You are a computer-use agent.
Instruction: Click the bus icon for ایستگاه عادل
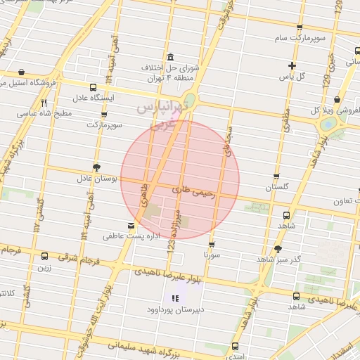click(x=93, y=88)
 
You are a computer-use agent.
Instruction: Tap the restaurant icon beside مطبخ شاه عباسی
click(x=44, y=103)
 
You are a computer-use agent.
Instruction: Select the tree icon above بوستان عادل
click(x=96, y=167)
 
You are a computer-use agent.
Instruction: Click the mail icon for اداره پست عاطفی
click(x=131, y=226)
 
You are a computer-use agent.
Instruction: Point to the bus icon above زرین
click(x=45, y=257)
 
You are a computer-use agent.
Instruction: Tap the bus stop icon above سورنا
click(x=211, y=245)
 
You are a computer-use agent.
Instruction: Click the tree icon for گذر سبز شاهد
click(x=278, y=249)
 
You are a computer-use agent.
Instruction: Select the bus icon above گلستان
click(x=276, y=177)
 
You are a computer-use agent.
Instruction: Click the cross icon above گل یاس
click(x=291, y=65)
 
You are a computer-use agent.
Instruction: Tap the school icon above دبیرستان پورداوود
click(x=175, y=299)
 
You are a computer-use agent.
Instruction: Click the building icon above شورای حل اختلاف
click(x=169, y=57)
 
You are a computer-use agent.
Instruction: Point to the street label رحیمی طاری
click(x=191, y=190)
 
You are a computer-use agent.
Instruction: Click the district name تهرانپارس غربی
click(x=162, y=112)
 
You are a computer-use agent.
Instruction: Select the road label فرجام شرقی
click(x=76, y=259)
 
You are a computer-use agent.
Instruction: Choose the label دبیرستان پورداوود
click(x=174, y=309)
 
